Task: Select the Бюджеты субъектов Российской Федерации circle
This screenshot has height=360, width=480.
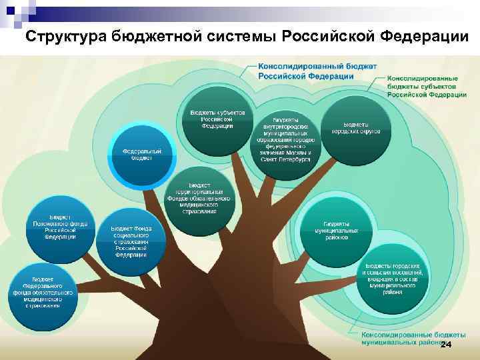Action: click(x=217, y=119)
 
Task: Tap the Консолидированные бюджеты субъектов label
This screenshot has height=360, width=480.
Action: click(x=426, y=87)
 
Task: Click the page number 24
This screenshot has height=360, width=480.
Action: click(x=446, y=344)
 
